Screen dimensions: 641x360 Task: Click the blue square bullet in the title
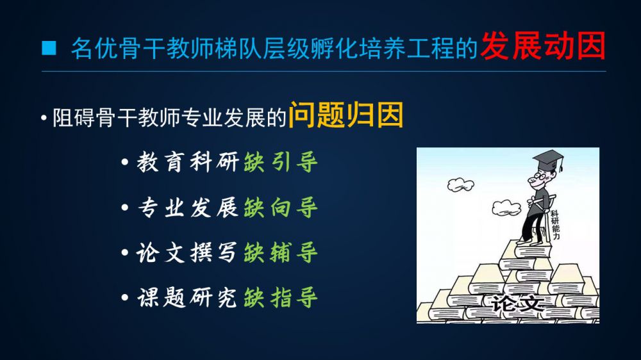(49, 48)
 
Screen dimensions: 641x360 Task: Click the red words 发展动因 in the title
(543, 46)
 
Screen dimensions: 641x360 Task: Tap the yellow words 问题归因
(346, 115)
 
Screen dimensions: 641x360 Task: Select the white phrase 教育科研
(188, 162)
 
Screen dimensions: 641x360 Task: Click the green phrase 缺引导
(281, 162)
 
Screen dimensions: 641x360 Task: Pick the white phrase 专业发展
(188, 208)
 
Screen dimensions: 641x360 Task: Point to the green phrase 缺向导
(281, 208)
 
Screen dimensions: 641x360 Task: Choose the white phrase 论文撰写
(187, 252)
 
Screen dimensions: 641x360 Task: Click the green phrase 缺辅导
(281, 252)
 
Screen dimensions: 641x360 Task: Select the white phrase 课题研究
(188, 297)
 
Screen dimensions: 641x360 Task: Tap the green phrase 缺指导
(281, 297)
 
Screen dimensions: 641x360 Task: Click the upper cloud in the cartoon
(461, 184)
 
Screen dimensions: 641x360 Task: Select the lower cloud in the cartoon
(506, 208)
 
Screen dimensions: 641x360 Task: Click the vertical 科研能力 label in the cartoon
(555, 225)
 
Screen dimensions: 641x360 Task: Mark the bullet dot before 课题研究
(125, 298)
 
